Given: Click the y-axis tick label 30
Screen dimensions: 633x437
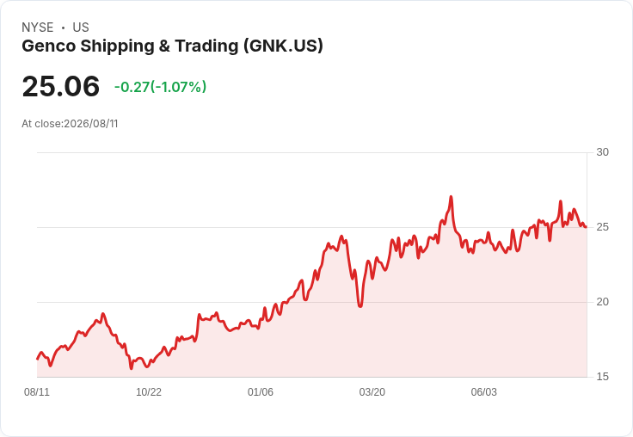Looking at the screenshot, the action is (x=602, y=152).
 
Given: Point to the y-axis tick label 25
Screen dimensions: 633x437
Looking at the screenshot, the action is (x=602, y=227).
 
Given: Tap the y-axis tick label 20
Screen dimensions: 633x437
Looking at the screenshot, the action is (x=602, y=302).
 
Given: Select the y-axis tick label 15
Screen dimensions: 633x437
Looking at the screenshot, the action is (x=602, y=377).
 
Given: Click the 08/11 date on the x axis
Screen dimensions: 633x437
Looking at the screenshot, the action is (x=37, y=391).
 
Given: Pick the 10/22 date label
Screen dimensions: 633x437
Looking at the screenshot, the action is (x=149, y=391).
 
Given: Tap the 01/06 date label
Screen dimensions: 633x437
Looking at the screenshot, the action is (x=261, y=391).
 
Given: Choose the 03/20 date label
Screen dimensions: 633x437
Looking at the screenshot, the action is (x=372, y=391).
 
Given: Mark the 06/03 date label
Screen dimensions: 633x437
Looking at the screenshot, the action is (x=483, y=391).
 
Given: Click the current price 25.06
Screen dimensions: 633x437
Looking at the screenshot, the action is (x=60, y=86).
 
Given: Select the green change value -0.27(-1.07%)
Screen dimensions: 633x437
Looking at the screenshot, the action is (x=160, y=87).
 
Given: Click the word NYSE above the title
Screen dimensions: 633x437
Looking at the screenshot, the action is (x=38, y=28).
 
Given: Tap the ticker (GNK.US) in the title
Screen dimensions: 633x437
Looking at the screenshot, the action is (x=283, y=46).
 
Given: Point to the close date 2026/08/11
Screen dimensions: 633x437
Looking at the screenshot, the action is (x=91, y=124).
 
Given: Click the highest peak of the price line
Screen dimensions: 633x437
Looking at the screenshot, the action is (x=451, y=197).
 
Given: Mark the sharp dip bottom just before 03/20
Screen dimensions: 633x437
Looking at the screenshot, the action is (x=360, y=306).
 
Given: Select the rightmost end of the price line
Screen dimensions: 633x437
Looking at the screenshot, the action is (x=586, y=227).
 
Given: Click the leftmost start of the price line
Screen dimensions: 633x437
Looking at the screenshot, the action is (x=37, y=359).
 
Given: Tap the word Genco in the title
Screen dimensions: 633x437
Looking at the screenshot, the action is (x=48, y=46).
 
